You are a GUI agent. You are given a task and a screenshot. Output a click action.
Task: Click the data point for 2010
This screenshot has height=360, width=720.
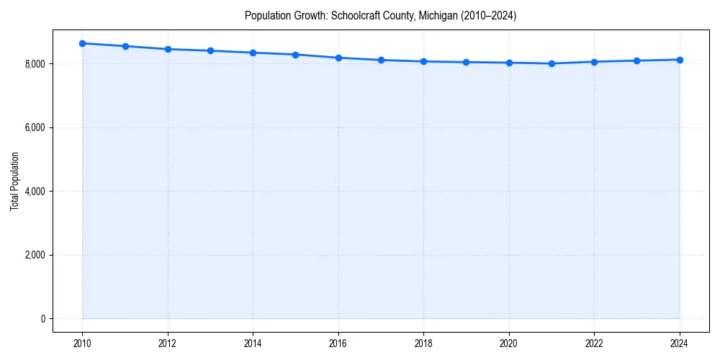pos(83,43)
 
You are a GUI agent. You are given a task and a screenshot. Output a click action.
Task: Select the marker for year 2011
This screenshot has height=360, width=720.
pos(125,46)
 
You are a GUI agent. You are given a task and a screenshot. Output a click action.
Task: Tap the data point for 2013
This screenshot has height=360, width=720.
pos(210,50)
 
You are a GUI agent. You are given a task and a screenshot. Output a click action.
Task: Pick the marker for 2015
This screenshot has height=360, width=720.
pos(296,55)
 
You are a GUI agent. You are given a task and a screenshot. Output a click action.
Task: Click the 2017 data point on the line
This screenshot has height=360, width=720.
pos(381,60)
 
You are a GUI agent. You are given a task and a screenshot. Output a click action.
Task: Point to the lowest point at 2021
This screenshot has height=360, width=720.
pos(552,63)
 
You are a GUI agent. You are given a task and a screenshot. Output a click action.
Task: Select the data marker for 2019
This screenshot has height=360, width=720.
pos(467,62)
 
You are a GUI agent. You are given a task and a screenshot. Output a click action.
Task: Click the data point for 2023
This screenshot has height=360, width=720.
pos(637,60)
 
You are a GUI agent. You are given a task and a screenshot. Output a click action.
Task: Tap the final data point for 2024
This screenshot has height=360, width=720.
pos(680,60)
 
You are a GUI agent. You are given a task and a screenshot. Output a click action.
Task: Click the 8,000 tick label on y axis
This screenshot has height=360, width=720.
pos(34,64)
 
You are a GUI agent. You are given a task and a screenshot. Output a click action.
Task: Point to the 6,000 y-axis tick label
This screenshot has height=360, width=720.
pos(34,127)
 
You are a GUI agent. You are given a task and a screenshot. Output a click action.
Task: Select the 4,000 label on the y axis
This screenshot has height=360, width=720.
pos(34,192)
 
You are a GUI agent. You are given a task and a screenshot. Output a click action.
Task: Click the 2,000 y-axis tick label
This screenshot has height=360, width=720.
pos(34,255)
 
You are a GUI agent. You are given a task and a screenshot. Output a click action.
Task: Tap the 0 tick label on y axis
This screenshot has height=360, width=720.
pos(42,319)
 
